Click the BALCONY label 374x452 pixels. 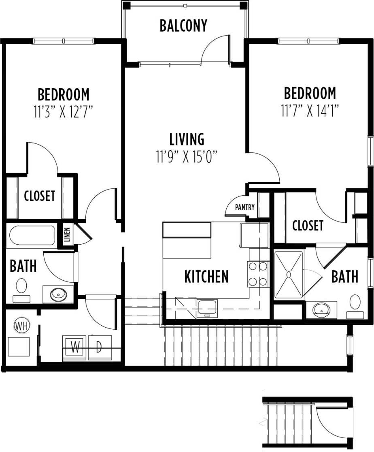pyautogui.click(x=183, y=26)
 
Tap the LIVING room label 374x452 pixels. pyautogui.click(x=187, y=139)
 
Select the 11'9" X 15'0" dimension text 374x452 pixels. pyautogui.click(x=187, y=157)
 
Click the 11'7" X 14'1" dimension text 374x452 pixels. pyautogui.click(x=310, y=111)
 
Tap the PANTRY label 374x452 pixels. pyautogui.click(x=245, y=207)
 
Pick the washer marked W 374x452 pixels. pyautogui.click(x=75, y=347)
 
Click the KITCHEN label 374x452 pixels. pyautogui.click(x=206, y=277)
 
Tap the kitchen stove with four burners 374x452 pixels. pyautogui.click(x=258, y=274)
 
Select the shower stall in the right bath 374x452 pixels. pyautogui.click(x=289, y=275)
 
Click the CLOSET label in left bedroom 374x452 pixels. pyautogui.click(x=39, y=196)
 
